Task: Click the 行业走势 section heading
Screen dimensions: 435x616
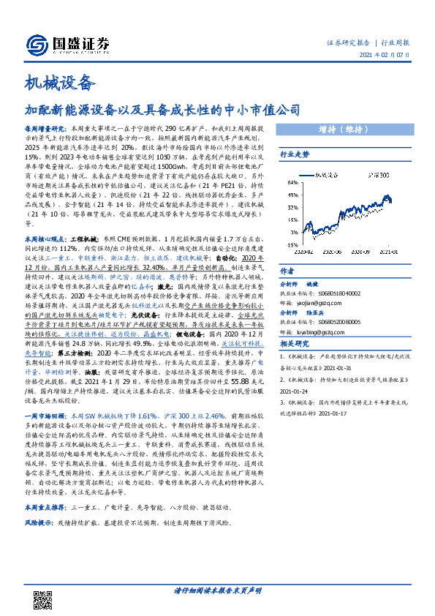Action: [295, 154]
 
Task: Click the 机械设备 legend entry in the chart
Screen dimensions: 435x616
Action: [326, 176]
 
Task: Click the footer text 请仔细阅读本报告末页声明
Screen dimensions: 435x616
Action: [217, 590]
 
